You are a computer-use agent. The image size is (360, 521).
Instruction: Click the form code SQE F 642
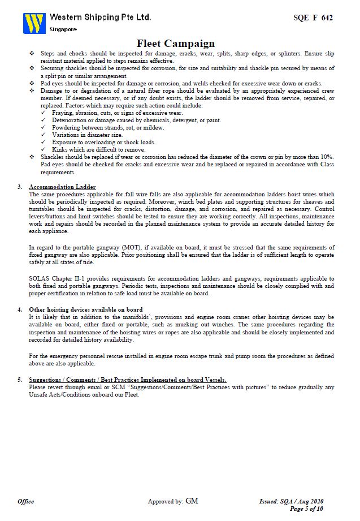click(x=313, y=18)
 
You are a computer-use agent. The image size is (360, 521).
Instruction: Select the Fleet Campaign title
click(x=176, y=44)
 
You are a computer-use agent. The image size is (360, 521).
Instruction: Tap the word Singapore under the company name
click(x=63, y=29)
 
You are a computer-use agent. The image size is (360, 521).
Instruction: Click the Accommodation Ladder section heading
click(x=62, y=187)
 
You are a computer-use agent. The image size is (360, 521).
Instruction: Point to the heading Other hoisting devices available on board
click(x=85, y=310)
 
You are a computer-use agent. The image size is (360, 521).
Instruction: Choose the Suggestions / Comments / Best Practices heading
click(x=128, y=380)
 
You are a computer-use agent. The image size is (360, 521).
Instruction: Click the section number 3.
click(x=20, y=187)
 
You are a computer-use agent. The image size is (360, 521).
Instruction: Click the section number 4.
click(x=20, y=310)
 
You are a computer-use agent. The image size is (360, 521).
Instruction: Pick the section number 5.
click(x=20, y=380)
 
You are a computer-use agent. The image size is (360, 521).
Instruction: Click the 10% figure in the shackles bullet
click(x=327, y=157)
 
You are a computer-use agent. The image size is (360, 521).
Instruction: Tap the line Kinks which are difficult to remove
click(x=94, y=149)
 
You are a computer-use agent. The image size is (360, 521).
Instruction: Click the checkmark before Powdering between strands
click(x=44, y=128)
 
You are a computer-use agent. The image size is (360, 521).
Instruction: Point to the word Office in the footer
click(x=26, y=501)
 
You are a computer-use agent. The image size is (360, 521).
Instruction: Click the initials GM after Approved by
click(x=192, y=501)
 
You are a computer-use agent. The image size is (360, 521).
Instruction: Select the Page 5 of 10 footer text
click(x=306, y=509)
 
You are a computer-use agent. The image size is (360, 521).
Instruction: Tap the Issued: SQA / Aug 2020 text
click(x=291, y=501)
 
